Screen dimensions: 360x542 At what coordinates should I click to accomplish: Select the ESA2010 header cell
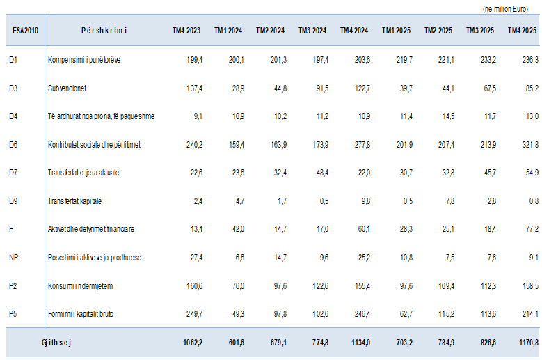tap(26, 31)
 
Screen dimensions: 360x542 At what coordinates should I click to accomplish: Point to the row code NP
tap(13, 258)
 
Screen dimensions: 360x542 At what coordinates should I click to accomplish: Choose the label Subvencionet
tap(67, 88)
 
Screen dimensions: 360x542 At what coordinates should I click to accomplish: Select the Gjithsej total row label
tap(58, 343)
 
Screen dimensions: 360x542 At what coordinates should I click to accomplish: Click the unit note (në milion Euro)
tap(509, 8)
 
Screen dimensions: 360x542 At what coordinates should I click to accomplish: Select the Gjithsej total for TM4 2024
tap(360, 343)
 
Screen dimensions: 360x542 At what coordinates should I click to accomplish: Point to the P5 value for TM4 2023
tap(193, 314)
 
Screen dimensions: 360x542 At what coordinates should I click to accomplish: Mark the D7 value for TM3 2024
tap(320, 173)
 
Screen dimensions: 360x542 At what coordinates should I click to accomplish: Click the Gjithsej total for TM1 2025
tap(403, 343)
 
